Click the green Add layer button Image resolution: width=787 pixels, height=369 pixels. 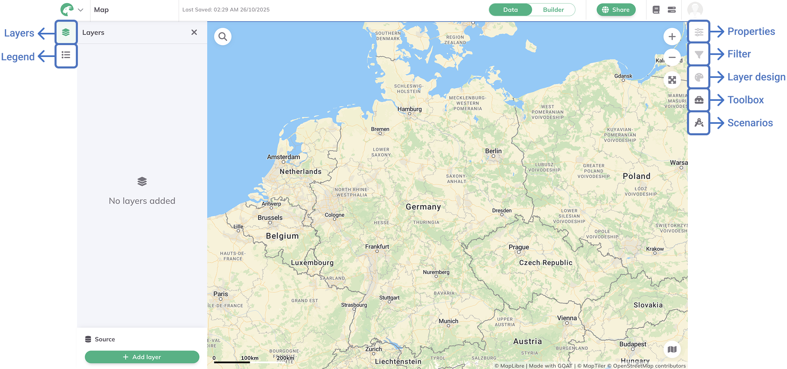pyautogui.click(x=142, y=357)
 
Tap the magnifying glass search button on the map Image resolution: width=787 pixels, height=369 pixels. pyautogui.click(x=223, y=37)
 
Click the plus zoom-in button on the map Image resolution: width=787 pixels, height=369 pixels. pyautogui.click(x=672, y=37)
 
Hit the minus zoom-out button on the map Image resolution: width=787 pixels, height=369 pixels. pyautogui.click(x=672, y=58)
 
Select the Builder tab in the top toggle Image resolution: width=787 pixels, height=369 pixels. pyautogui.click(x=553, y=10)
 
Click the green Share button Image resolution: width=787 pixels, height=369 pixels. pyautogui.click(x=616, y=10)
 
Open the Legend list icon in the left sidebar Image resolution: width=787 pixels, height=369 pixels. pyautogui.click(x=66, y=55)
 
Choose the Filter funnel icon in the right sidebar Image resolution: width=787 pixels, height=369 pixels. pyautogui.click(x=699, y=55)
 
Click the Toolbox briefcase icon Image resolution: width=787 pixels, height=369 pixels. pyautogui.click(x=699, y=100)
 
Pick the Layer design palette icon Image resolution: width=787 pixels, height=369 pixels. pyautogui.click(x=699, y=77)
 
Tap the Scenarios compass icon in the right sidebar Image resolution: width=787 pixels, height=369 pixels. pyautogui.click(x=699, y=123)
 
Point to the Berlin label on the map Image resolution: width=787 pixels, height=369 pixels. pyautogui.click(x=493, y=151)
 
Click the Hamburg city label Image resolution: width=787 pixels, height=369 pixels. pyautogui.click(x=409, y=109)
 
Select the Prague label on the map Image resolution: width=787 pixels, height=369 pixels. pyautogui.click(x=519, y=247)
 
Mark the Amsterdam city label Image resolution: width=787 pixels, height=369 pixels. pyautogui.click(x=283, y=157)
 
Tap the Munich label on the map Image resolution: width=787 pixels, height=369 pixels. pyautogui.click(x=448, y=321)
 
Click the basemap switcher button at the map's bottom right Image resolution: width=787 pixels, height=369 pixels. pyautogui.click(x=672, y=349)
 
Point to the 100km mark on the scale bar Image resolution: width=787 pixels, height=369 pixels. pyautogui.click(x=250, y=358)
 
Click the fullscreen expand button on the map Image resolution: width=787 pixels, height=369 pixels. pyautogui.click(x=672, y=80)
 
